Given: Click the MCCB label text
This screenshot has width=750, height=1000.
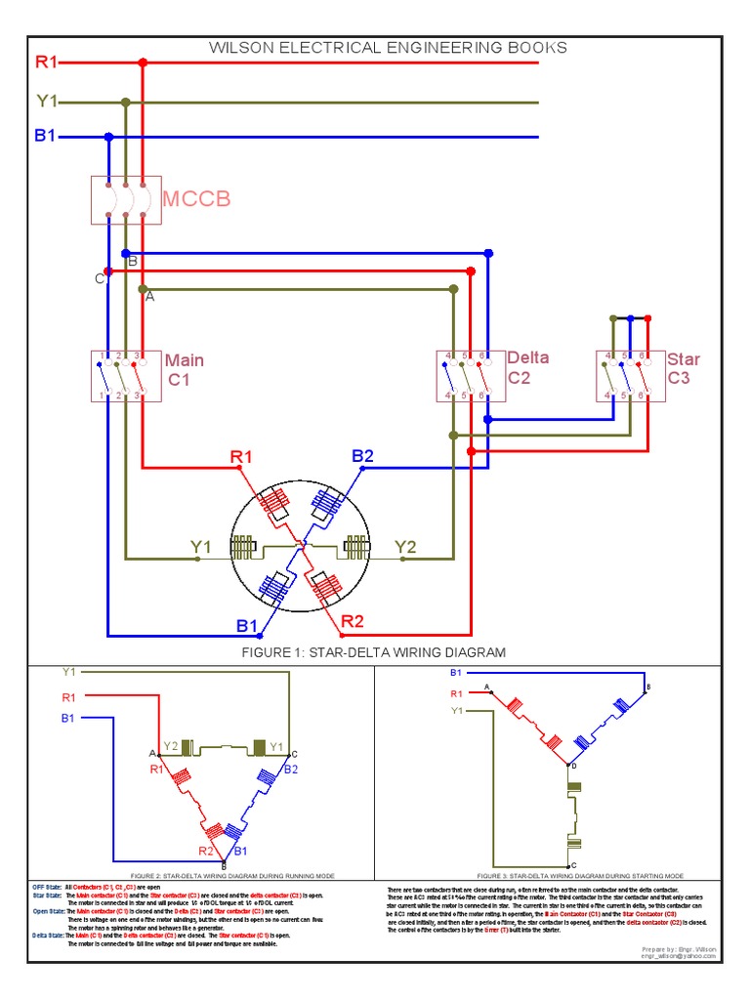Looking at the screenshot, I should point(195,200).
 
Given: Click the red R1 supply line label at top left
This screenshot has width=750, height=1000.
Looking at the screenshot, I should point(47,62).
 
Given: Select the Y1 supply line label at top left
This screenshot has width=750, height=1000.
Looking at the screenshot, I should point(47,101).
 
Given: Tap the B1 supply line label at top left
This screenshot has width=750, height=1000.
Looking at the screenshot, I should point(46,136).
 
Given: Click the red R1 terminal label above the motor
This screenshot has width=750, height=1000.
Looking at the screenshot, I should point(241,456).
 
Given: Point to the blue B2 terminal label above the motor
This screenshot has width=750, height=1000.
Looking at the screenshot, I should point(363,456).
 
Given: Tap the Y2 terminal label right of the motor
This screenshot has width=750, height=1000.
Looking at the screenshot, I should point(406,547).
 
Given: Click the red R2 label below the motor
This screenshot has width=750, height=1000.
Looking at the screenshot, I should point(352,620).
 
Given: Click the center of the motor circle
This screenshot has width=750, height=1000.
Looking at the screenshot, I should point(300,544).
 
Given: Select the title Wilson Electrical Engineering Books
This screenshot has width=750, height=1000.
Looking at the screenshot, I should point(389,47).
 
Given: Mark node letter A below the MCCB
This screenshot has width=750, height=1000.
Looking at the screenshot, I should point(149,297).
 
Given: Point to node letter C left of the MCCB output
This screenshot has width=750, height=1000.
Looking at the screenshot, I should point(99,279).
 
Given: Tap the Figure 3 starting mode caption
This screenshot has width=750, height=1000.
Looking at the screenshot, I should point(580,876).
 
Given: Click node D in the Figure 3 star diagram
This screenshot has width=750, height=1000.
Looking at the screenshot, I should point(573,766).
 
